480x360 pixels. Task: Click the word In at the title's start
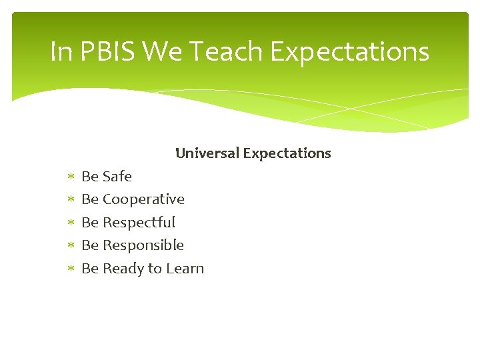(x=61, y=52)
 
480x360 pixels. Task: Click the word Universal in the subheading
(x=207, y=153)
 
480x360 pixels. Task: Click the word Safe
(x=117, y=177)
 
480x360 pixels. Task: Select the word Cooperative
(x=143, y=199)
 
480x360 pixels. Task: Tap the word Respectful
(x=139, y=223)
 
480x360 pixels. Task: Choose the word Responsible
(x=143, y=245)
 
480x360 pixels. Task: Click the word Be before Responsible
(x=89, y=245)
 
